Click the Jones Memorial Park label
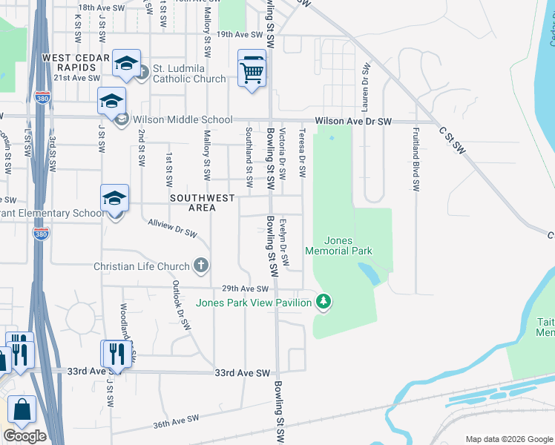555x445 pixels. click(349, 245)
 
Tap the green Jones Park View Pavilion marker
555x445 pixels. click(323, 301)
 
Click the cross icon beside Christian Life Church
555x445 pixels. click(200, 265)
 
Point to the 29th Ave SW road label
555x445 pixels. click(244, 289)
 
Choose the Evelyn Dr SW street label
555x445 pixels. click(284, 237)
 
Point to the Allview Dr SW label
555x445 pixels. click(172, 227)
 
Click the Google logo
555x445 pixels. click(24, 436)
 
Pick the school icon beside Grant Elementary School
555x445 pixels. click(115, 200)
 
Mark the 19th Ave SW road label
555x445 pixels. click(240, 34)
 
